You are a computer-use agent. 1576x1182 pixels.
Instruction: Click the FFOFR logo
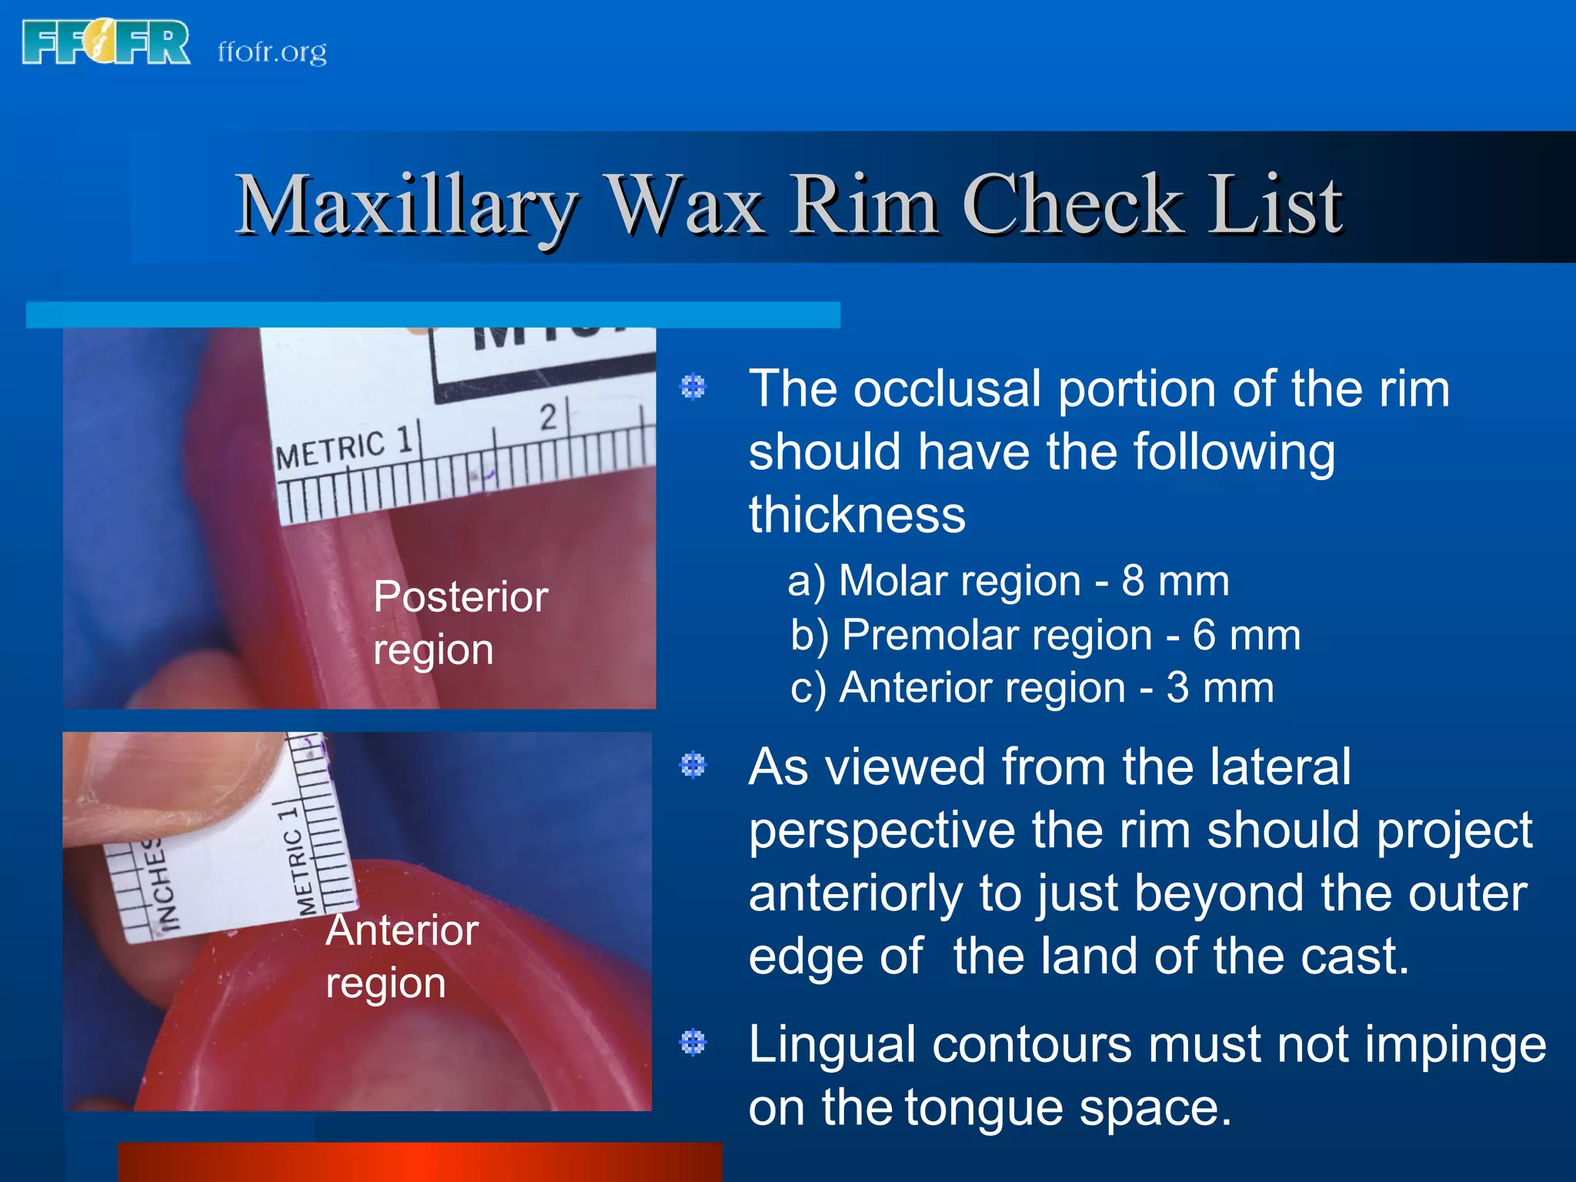(106, 43)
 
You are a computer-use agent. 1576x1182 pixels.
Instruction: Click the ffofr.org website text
(272, 52)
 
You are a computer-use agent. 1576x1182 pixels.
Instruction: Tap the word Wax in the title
(686, 205)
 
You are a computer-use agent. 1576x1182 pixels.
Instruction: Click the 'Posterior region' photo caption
(459, 623)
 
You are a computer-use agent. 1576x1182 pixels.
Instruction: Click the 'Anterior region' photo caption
(402, 956)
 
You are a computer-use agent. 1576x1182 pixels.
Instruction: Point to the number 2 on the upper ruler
(548, 417)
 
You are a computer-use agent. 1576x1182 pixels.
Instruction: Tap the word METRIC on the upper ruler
(330, 451)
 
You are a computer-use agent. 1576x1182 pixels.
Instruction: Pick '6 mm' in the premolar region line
(1247, 636)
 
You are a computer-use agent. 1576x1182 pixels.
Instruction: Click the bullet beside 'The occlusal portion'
(693, 386)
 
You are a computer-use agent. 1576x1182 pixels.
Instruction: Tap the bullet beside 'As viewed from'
(693, 765)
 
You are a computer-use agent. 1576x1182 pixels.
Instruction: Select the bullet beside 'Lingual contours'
(693, 1043)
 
